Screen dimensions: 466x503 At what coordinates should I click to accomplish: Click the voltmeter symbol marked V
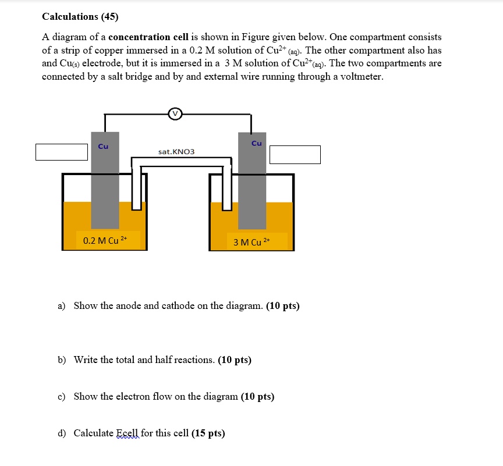(x=175, y=114)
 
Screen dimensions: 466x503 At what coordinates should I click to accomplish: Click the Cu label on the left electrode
(x=103, y=147)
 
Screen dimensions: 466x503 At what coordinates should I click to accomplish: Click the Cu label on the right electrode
(x=256, y=143)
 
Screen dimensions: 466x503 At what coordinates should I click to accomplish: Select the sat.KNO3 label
(x=176, y=152)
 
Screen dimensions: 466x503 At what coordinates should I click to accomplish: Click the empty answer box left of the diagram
(x=61, y=152)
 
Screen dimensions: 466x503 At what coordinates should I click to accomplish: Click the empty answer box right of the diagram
(x=295, y=155)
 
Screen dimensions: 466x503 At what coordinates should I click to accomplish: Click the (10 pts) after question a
(x=283, y=305)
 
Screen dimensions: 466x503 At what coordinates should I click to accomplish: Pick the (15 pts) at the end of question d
(x=208, y=433)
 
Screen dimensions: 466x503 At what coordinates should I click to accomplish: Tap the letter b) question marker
(x=62, y=360)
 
